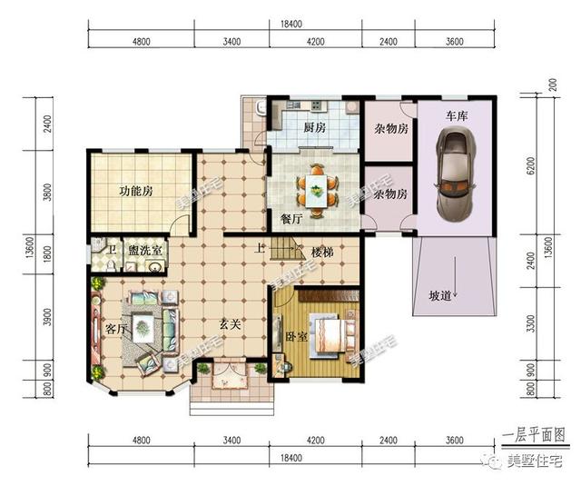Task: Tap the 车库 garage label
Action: (x=456, y=117)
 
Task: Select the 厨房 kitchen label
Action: (x=315, y=127)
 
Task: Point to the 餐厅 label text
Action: (x=291, y=219)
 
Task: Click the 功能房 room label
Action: (x=135, y=192)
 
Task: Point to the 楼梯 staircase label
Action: (x=324, y=251)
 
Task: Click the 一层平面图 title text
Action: (x=535, y=435)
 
